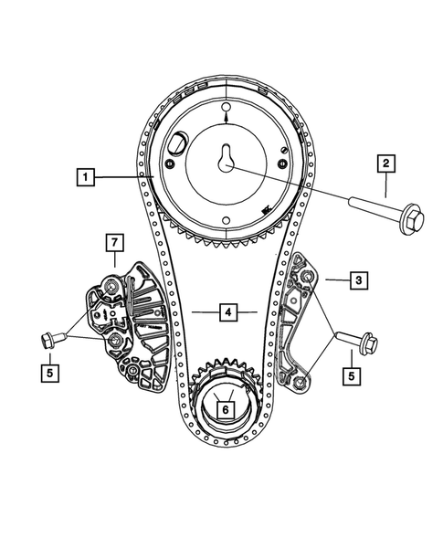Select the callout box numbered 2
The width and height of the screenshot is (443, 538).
385,164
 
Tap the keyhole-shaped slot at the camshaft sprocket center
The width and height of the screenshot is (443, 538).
225,161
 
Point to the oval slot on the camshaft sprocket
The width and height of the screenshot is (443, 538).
176,145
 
